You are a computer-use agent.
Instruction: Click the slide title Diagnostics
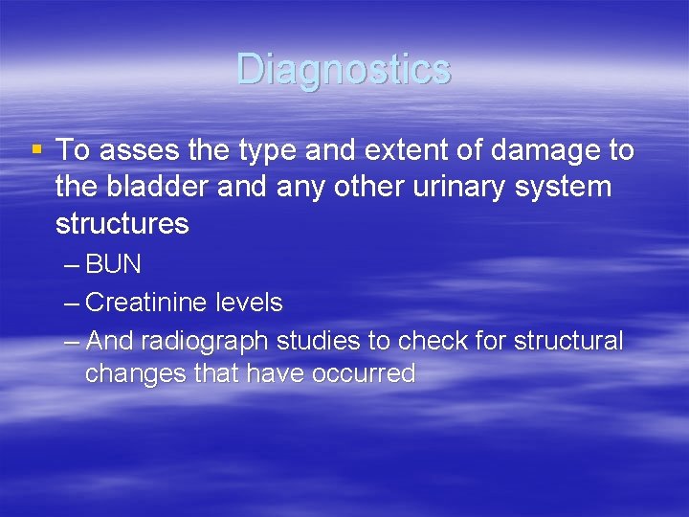click(344, 70)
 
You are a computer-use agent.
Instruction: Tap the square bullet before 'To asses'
click(36, 149)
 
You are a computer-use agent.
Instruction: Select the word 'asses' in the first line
click(131, 150)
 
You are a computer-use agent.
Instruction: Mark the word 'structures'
click(122, 224)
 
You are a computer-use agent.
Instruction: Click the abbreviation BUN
click(113, 264)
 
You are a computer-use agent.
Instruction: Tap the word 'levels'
click(248, 303)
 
